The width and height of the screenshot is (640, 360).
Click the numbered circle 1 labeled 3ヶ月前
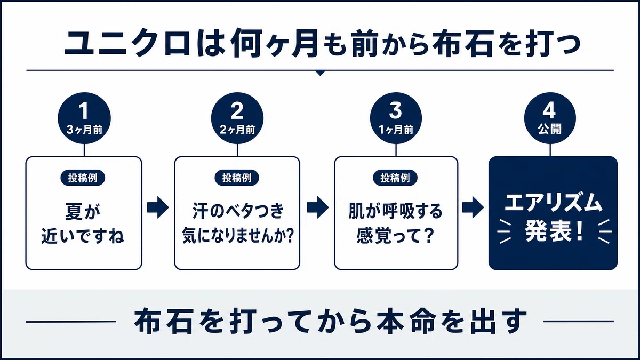point(84,118)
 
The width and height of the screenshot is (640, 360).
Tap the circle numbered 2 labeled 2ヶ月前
point(237,118)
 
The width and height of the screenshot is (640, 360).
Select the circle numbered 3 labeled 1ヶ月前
point(396,118)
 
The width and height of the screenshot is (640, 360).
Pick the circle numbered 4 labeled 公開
point(550,118)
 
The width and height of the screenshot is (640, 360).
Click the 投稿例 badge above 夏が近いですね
point(83,178)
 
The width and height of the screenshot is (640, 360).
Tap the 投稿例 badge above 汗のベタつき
point(237,178)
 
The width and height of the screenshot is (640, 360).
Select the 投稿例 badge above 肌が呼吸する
point(395,178)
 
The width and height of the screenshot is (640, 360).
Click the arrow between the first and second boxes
point(158,207)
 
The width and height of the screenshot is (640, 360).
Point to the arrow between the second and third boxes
point(318,207)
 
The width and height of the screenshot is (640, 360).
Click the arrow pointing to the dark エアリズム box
point(473,207)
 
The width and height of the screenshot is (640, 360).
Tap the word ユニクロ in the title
point(127,45)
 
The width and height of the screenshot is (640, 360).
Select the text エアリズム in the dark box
point(554,203)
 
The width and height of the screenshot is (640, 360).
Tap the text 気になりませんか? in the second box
point(238,236)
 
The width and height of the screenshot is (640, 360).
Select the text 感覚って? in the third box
point(395,236)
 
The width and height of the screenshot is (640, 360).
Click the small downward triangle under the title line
point(321,73)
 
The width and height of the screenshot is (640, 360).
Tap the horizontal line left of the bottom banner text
point(71,322)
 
